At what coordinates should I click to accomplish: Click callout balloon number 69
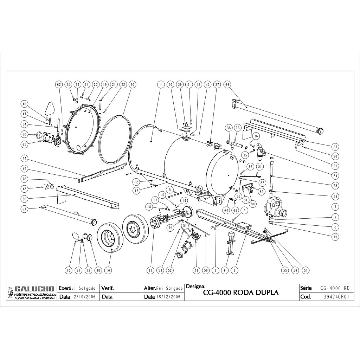click(x=227, y=85)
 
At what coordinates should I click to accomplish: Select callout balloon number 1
click(x=161, y=85)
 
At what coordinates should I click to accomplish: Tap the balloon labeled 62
click(x=59, y=85)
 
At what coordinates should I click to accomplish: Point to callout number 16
click(x=108, y=270)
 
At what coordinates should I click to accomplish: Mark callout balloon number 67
click(x=24, y=208)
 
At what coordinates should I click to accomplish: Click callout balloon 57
click(x=306, y=270)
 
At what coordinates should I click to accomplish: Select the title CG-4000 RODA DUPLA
click(x=241, y=292)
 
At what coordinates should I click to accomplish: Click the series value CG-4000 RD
click(x=335, y=288)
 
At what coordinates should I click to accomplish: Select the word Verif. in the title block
click(x=107, y=288)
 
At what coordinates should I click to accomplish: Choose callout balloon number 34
click(x=335, y=175)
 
